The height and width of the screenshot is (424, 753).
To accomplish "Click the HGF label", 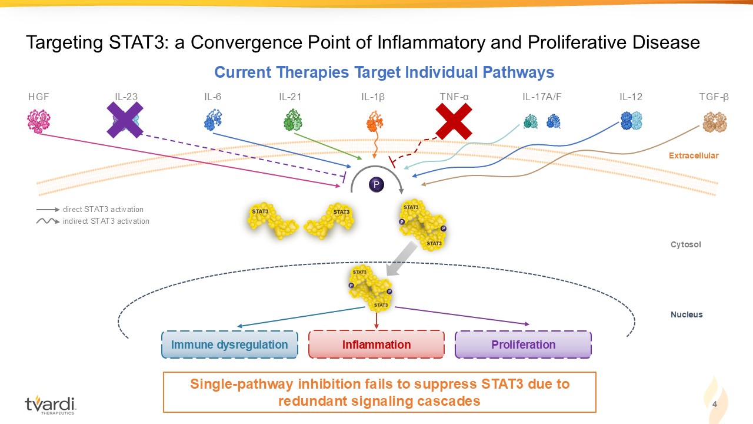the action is click(x=39, y=97).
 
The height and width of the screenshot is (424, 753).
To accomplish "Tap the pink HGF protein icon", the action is click(x=39, y=121).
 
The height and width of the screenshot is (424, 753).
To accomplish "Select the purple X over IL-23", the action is click(x=125, y=120).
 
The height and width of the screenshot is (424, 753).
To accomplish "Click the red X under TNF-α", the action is click(x=454, y=121).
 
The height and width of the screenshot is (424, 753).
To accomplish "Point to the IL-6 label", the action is click(x=213, y=97).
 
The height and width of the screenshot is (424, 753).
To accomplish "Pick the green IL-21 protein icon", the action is click(x=293, y=120).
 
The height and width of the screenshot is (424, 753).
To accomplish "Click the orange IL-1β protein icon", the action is click(x=375, y=122).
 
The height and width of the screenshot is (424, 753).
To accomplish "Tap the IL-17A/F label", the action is click(x=542, y=97).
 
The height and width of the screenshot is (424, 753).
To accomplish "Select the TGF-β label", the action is click(x=714, y=97).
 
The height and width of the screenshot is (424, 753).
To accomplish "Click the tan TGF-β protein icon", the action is click(x=715, y=122).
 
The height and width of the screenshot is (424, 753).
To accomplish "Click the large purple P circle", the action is click(x=376, y=184).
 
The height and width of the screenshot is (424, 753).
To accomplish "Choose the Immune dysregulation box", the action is click(x=229, y=344).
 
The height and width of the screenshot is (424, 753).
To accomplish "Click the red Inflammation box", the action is click(x=376, y=344).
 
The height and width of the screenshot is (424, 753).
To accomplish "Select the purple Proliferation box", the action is click(x=524, y=344).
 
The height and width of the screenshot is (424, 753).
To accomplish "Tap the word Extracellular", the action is click(x=694, y=155).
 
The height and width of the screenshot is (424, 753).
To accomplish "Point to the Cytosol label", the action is click(x=686, y=244).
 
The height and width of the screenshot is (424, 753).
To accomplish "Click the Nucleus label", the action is click(x=687, y=314).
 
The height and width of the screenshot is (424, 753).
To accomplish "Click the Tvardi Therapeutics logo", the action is click(x=50, y=405).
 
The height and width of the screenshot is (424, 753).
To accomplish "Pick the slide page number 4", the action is click(x=715, y=404).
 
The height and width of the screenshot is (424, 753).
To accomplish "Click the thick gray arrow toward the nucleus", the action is click(x=402, y=259).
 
